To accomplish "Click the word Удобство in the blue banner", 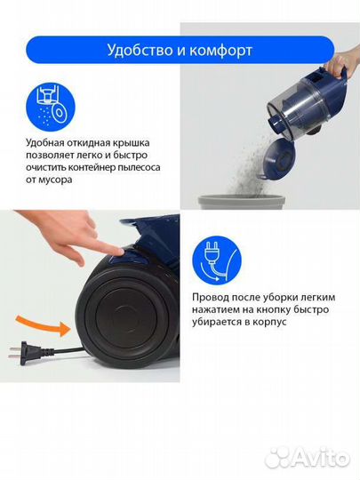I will pos(136,51).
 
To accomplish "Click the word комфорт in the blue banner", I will pos(220,51).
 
